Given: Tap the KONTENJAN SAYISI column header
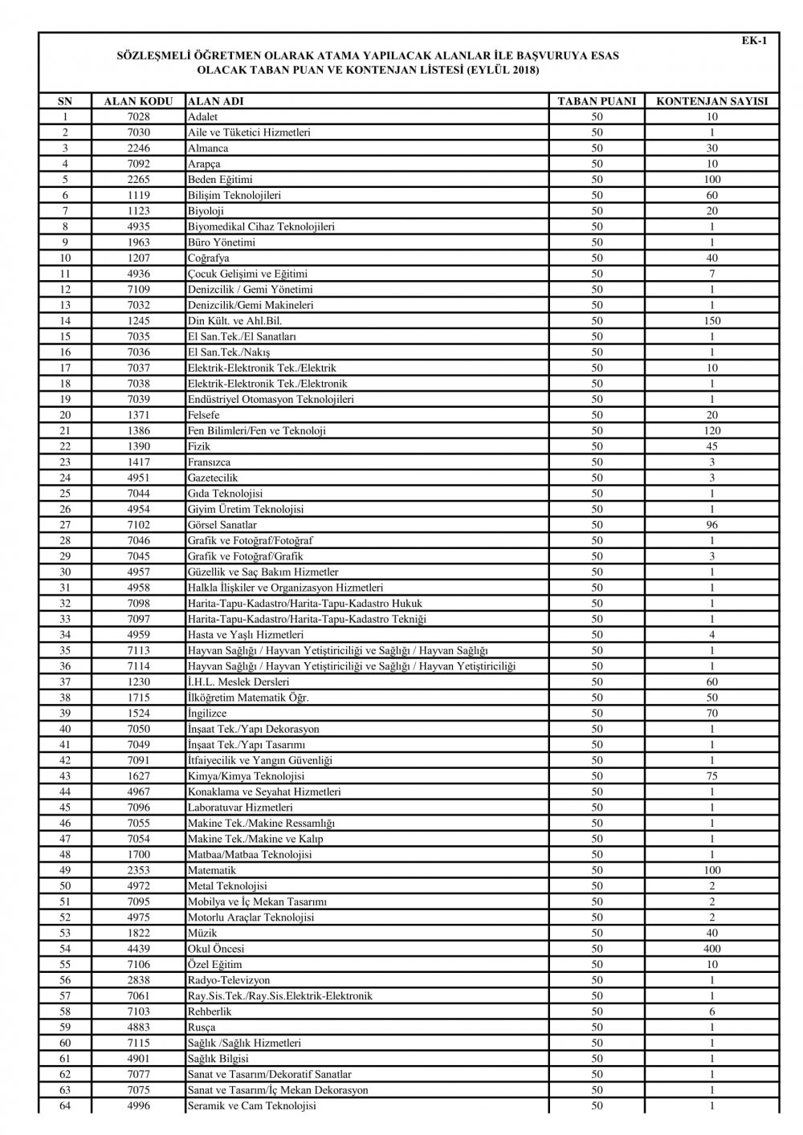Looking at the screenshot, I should tap(711, 102).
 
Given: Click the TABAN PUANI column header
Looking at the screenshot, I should tap(597, 102).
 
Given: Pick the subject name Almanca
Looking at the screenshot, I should tap(207, 148).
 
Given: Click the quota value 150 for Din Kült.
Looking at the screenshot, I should tap(711, 321).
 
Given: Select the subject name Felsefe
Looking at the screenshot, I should tap(203, 415).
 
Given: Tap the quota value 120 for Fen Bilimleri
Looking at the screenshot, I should tap(711, 431).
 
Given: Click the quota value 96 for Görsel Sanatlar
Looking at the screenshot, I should tap(711, 525).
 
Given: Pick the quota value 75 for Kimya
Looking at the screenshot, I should tap(711, 776).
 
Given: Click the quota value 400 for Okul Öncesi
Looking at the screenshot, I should tap(711, 949).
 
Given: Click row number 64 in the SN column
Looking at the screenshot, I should tap(65, 1106).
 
